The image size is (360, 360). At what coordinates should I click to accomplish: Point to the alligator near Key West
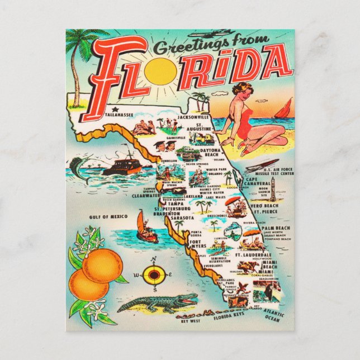[x=159, y=303]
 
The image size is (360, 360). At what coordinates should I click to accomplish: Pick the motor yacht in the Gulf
[x=120, y=167]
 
